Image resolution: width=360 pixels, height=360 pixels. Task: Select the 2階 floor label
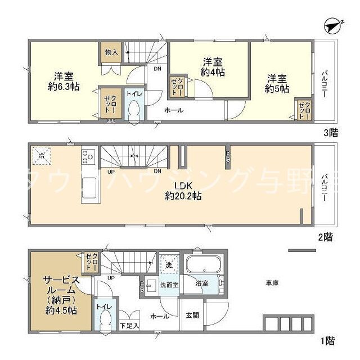point(323,237)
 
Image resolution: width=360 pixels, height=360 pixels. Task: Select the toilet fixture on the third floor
point(134,111)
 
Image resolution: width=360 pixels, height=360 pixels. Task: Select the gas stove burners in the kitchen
point(88,156)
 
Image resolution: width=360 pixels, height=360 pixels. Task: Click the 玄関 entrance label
point(192,316)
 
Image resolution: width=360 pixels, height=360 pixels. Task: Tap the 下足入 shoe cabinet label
point(128,326)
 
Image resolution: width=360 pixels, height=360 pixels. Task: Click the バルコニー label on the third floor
point(325,85)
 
